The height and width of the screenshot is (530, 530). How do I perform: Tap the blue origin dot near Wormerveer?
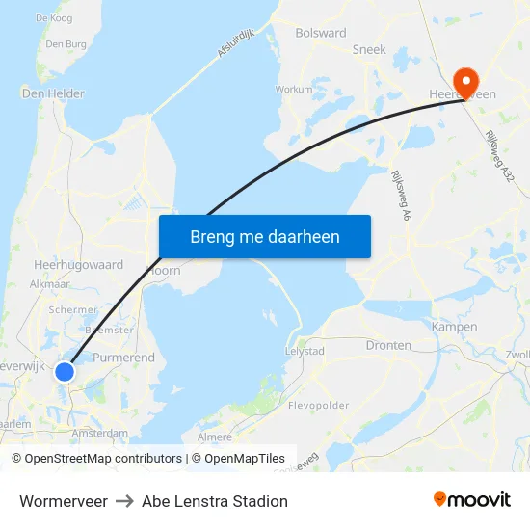(x=65, y=371)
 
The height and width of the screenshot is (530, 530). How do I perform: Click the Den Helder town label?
(x=53, y=93)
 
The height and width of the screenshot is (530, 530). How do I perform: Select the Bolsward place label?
(x=322, y=33)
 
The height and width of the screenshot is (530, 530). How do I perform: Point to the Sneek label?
(x=369, y=49)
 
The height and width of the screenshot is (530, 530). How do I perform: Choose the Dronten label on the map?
(x=388, y=345)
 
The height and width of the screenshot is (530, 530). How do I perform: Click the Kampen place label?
(x=454, y=327)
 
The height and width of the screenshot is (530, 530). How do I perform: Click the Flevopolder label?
(x=318, y=406)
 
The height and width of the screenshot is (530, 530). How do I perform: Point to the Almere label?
(x=214, y=437)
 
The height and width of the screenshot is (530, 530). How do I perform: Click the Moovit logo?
(x=472, y=500)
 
